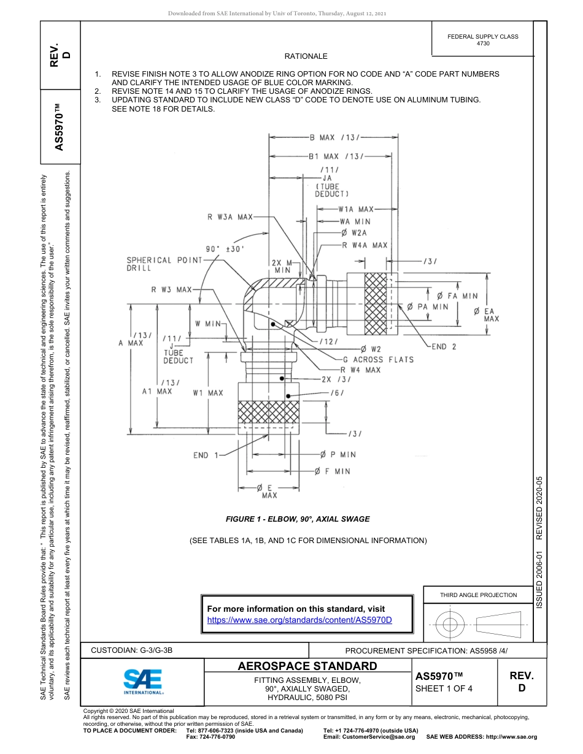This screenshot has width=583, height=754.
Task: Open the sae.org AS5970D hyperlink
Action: [x=299, y=620]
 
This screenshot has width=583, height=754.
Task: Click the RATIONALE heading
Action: [x=306, y=56]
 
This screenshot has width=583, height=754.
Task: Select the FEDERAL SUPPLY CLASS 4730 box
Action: [x=482, y=40]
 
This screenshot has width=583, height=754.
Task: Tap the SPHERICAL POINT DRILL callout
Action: [x=164, y=264]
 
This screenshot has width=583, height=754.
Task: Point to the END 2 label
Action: [x=444, y=346]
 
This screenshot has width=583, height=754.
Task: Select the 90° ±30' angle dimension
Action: [x=225, y=249]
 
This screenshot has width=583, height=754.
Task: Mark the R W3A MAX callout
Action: [x=230, y=216]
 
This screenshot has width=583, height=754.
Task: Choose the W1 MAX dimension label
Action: [x=208, y=392]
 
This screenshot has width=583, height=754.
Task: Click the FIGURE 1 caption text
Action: [x=298, y=519]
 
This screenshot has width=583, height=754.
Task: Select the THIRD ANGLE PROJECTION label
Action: [x=478, y=595]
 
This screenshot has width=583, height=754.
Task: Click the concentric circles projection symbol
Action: [x=450, y=625]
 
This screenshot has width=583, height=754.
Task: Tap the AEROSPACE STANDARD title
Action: [x=307, y=666]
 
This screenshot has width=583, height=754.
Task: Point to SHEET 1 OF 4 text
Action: [x=444, y=688]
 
